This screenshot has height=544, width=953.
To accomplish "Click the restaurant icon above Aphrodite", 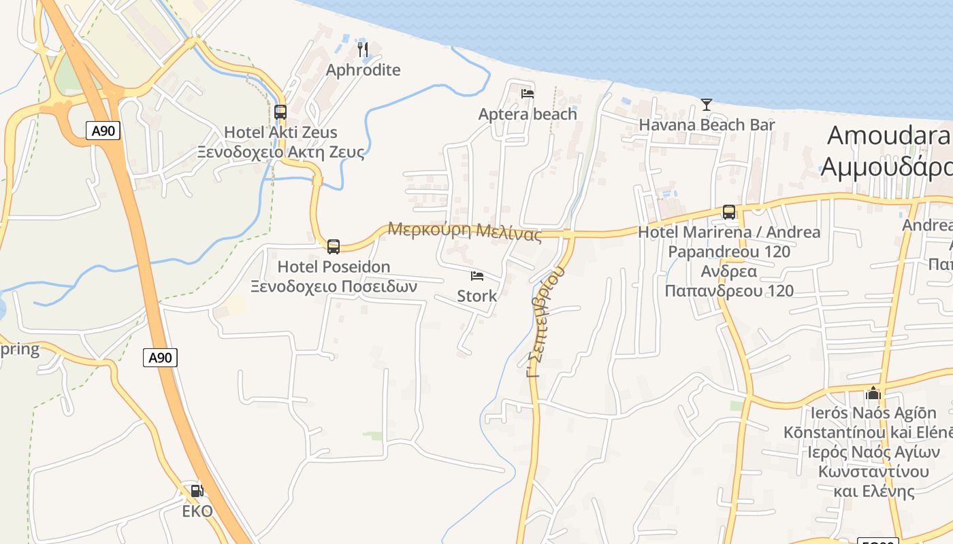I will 363,49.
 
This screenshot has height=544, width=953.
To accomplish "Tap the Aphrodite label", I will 363,70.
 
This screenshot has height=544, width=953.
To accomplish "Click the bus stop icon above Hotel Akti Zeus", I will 280,112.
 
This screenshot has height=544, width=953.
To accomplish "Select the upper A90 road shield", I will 103,131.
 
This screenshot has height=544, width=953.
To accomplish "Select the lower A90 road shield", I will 160,358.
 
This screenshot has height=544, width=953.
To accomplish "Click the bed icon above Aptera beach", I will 528,94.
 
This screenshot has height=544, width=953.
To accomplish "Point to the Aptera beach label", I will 528,114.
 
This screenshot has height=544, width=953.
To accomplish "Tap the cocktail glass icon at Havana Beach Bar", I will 707,105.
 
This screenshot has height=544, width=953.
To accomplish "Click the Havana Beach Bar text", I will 707,125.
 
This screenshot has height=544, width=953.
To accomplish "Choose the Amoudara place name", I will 888,135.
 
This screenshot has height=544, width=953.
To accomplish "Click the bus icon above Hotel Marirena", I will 729,212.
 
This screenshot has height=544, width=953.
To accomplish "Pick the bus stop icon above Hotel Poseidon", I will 334,247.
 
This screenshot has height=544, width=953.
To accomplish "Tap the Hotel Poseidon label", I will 334,267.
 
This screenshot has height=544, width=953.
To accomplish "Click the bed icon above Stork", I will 477,276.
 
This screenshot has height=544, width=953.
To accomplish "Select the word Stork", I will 477,296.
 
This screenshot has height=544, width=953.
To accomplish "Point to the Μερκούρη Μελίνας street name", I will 465,231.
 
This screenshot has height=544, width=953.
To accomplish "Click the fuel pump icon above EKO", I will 197,490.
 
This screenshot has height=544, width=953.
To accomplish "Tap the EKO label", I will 197,511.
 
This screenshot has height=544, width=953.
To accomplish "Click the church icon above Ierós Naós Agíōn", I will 873,393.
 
